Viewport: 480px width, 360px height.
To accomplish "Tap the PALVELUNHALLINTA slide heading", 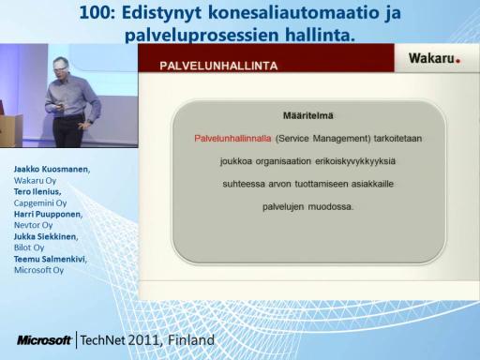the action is [218, 66].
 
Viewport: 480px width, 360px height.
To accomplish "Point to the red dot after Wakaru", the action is [457, 61].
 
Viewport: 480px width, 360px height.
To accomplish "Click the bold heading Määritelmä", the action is [308, 115].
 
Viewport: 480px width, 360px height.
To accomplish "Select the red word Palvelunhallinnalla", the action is [232, 139].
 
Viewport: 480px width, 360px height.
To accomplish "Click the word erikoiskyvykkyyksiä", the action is [355, 161].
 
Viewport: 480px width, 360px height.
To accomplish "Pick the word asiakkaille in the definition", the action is [372, 184].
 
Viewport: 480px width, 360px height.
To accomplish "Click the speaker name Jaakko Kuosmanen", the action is [52, 169].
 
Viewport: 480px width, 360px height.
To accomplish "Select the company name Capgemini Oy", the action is [40, 203].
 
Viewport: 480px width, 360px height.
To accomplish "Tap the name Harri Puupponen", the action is [48, 214].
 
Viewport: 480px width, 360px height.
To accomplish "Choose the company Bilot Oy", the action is [29, 247].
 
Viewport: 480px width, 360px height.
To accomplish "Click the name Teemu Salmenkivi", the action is [51, 259].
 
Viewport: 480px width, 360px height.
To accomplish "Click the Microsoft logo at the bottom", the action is [44, 340].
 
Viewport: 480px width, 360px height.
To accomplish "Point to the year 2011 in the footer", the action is [145, 340].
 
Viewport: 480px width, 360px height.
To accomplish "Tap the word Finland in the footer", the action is [191, 340].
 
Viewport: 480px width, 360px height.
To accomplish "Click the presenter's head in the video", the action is [61, 67].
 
